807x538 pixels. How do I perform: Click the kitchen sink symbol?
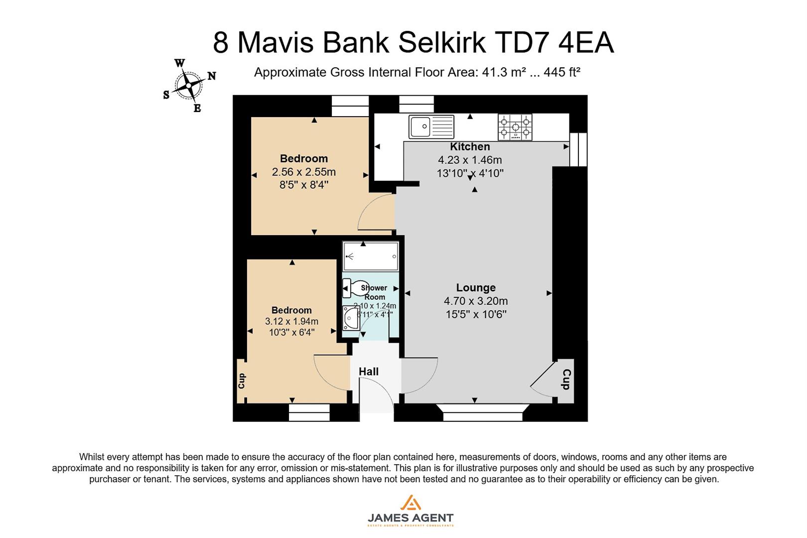point(431,127)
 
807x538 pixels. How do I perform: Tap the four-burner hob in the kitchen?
point(515,127)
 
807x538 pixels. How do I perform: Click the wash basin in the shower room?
point(351,317)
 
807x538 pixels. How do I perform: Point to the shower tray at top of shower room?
point(371,257)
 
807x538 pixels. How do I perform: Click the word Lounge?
point(476,288)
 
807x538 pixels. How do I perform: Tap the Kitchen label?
point(470,146)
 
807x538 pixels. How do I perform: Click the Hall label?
point(369,372)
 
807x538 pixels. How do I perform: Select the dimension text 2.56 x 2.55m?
point(304,172)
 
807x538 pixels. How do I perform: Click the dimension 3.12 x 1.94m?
point(292,322)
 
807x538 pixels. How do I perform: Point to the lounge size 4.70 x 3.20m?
point(476,301)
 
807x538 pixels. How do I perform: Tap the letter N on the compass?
point(212,76)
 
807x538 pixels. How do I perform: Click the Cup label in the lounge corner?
point(566,380)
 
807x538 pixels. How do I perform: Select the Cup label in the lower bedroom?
point(242,381)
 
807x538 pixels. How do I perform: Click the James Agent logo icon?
point(410,503)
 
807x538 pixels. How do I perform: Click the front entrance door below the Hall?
point(377,396)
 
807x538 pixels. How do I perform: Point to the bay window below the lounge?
point(482,411)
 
